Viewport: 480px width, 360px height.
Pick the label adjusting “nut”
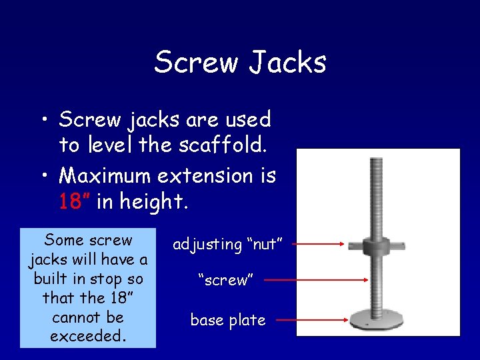point(229,245)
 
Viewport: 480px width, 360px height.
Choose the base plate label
point(228,321)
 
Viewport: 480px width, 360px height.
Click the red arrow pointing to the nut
point(321,245)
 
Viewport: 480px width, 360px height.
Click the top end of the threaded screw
point(379,160)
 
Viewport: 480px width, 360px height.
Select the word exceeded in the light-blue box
point(87,336)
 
